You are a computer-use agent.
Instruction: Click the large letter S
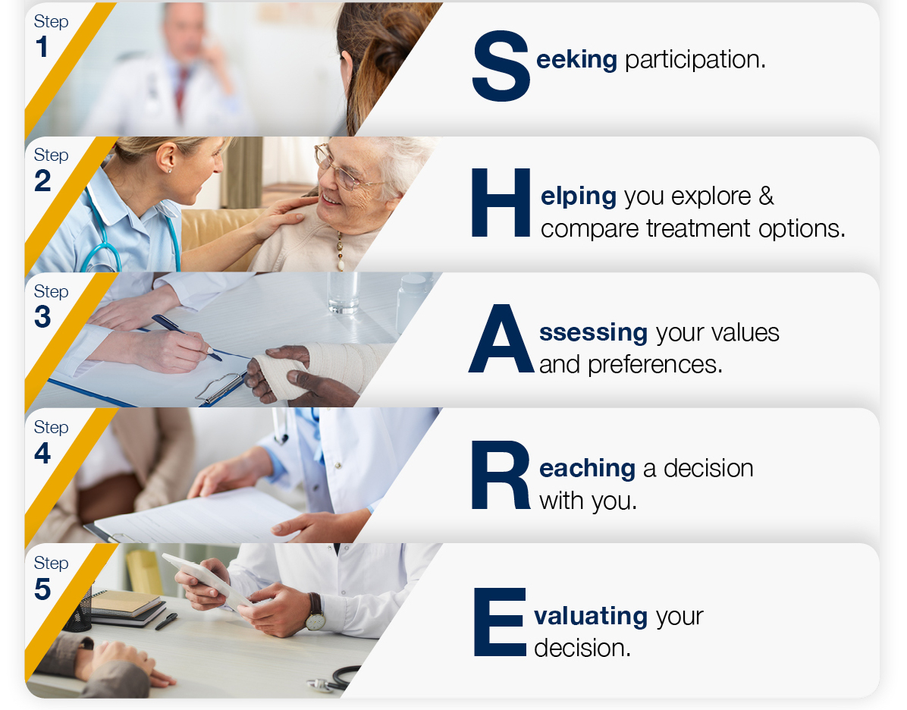tap(501, 66)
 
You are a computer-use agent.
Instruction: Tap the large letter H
tap(501, 203)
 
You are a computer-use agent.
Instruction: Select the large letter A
tap(501, 338)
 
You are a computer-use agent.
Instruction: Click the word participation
tap(695, 60)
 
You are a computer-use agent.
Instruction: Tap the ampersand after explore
tap(766, 196)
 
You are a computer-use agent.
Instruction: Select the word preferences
tap(655, 365)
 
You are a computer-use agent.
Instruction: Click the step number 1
tap(42, 47)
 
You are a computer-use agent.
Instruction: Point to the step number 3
tap(42, 317)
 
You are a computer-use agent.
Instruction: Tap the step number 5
tap(42, 589)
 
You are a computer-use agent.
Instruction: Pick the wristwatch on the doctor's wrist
tap(315, 612)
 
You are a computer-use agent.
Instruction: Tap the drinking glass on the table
tap(343, 292)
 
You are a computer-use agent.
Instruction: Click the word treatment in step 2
tap(698, 228)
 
